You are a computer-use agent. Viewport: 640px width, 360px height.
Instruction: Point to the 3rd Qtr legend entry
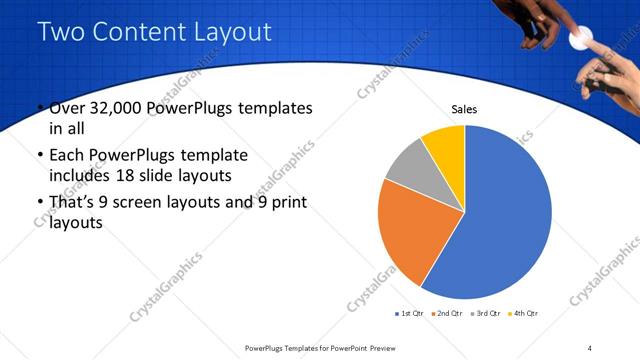487,314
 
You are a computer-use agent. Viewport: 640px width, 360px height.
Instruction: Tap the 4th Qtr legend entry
525,314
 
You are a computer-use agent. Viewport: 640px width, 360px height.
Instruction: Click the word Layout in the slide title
231,32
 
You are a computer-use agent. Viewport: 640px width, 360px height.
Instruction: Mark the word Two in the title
62,32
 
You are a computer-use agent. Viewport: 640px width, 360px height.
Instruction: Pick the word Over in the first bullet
69,108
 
